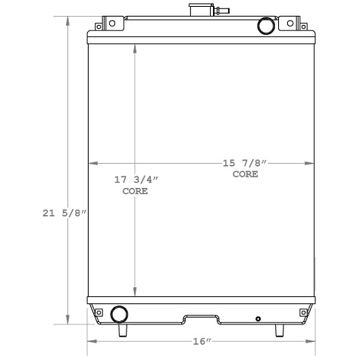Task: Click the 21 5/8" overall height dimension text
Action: [63, 214]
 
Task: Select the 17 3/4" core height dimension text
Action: [136, 180]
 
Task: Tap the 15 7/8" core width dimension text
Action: [245, 162]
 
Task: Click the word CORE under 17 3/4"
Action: [135, 192]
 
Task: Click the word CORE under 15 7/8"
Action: [245, 174]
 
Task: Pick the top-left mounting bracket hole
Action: [112, 23]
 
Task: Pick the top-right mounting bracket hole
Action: [290, 23]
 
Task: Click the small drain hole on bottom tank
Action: [258, 318]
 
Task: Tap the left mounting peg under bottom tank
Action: [121, 330]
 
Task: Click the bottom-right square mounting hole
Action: [302, 311]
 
